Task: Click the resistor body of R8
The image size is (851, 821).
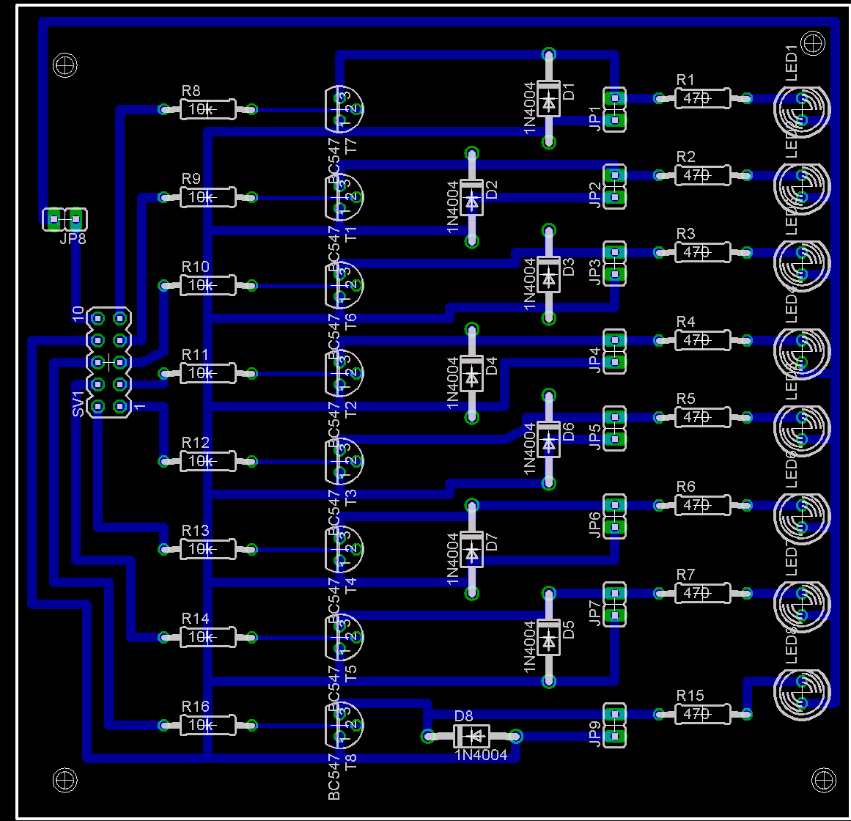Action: pos(208,110)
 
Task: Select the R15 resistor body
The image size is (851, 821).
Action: pos(702,713)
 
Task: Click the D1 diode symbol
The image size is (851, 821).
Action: pos(548,98)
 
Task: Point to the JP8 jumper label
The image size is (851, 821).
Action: pos(73,238)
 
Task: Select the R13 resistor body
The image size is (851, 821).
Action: pos(208,549)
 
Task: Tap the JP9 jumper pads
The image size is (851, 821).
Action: pos(615,724)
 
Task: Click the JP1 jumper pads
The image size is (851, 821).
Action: pos(615,108)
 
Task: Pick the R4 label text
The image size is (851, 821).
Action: pos(685,322)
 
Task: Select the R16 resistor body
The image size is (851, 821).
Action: pos(208,725)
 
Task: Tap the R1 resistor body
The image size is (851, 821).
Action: pos(702,98)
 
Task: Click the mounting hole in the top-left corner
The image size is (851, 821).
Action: pos(65,65)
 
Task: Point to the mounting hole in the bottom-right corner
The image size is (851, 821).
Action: pos(824,779)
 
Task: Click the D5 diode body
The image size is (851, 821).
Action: pos(548,637)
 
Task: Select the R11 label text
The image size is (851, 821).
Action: pos(195,355)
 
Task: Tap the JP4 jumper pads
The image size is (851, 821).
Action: pos(615,350)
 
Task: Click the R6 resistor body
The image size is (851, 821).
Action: pos(702,505)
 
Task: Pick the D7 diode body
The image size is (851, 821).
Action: pos(471,549)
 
